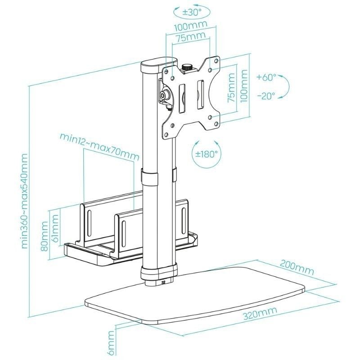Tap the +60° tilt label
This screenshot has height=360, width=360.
(x=267, y=77)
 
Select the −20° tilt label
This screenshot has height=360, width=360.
(x=267, y=95)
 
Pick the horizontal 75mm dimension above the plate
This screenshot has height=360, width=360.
(x=189, y=38)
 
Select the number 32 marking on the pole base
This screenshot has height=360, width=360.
(x=163, y=283)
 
